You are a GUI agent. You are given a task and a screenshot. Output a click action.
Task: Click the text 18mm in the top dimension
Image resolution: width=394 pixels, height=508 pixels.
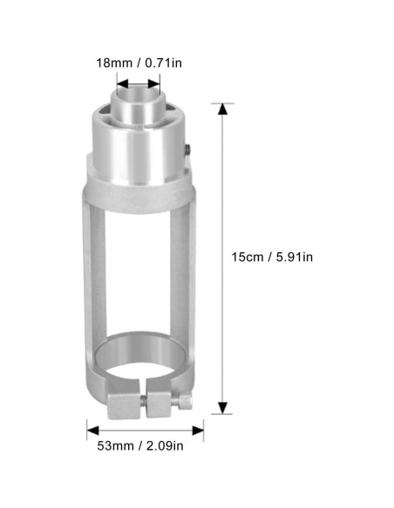coord(114,62)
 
